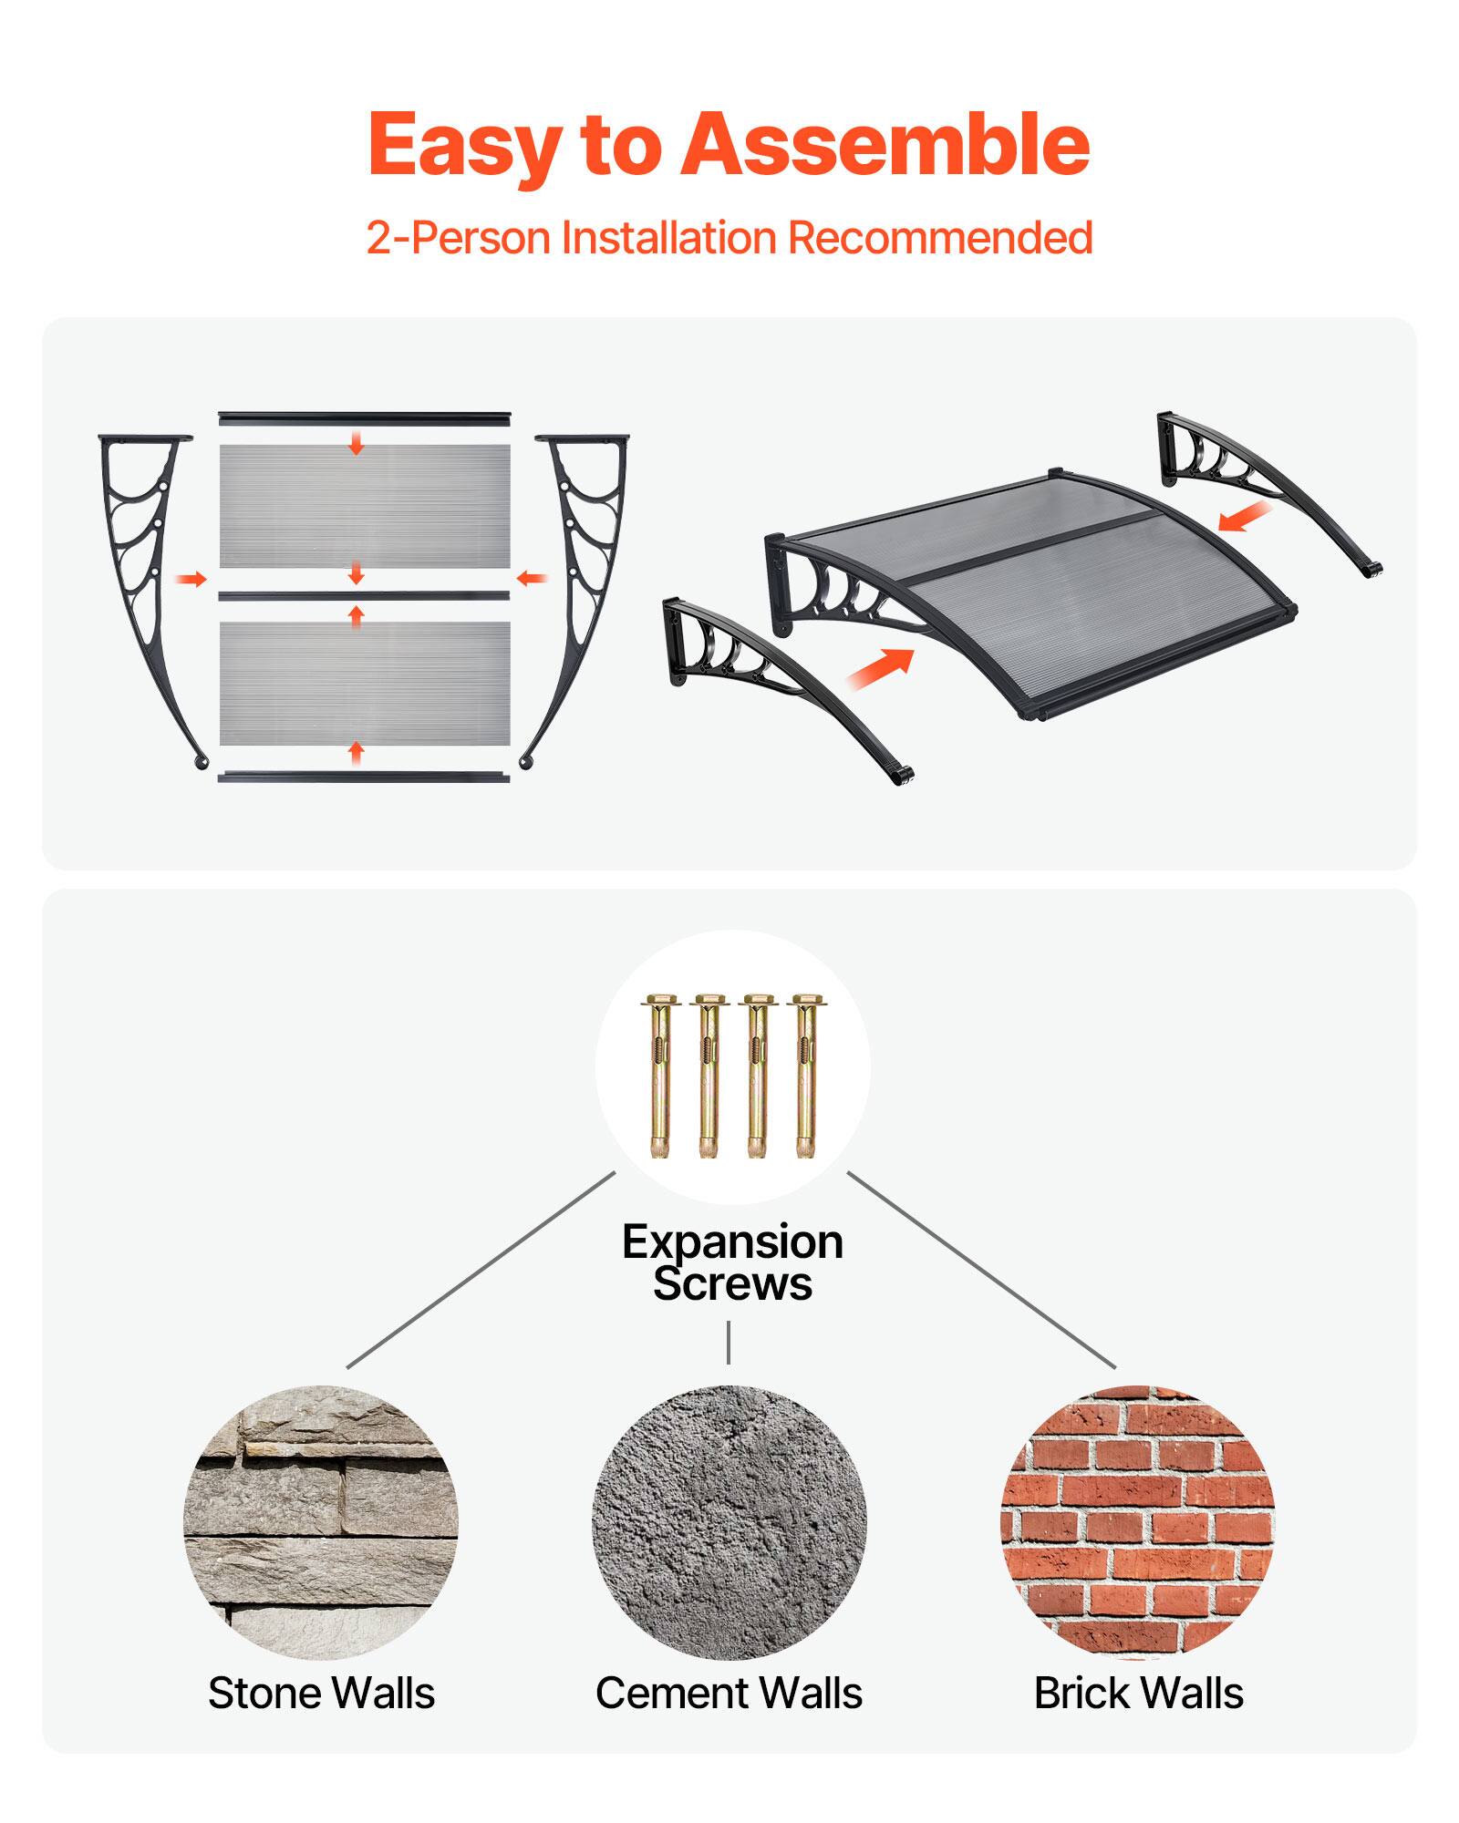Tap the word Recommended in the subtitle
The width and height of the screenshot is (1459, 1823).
[x=940, y=238]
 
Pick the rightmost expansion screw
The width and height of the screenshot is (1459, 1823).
[x=804, y=1076]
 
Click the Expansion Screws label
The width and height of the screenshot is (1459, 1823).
[x=732, y=1262]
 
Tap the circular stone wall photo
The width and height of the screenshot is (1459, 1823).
[x=321, y=1522]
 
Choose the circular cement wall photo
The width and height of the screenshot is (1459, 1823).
[x=729, y=1522]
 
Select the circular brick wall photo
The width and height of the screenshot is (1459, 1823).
[x=1137, y=1522]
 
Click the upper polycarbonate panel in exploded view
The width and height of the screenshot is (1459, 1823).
[x=365, y=506]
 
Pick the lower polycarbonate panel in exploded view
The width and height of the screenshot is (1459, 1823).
[x=365, y=684]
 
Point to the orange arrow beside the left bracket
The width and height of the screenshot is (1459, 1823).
[x=191, y=579]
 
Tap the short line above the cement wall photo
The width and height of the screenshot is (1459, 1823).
[x=729, y=1343]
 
